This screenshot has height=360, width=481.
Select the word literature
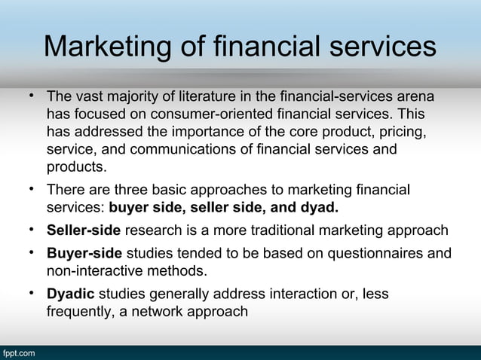click(x=202, y=99)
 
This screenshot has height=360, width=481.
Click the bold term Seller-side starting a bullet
click(x=84, y=230)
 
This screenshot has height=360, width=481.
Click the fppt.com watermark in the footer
click(x=17, y=352)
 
